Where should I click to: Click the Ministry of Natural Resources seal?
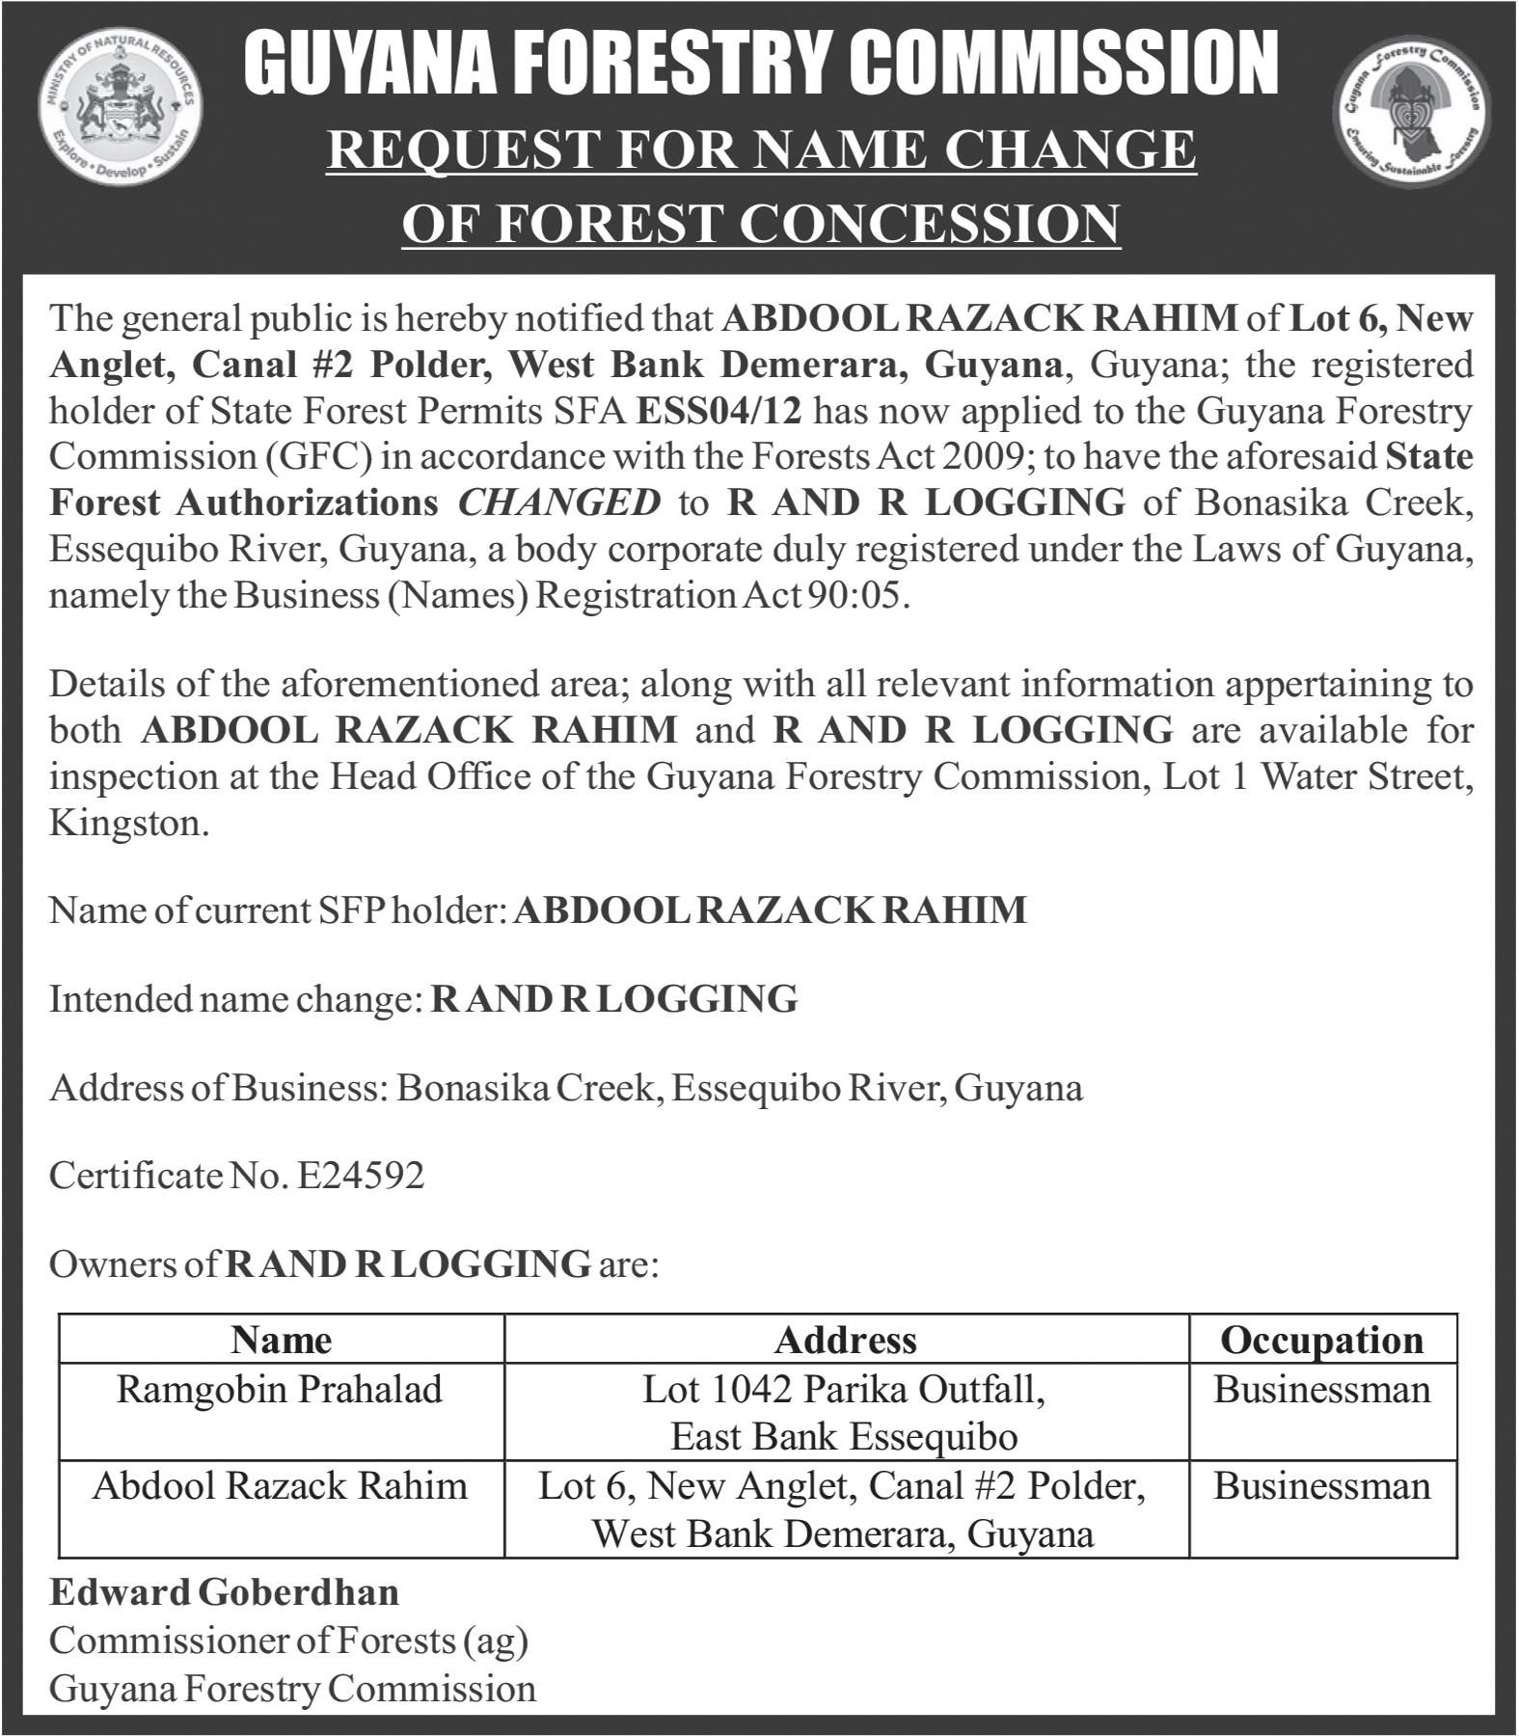121,123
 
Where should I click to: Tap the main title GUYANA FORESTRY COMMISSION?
761,63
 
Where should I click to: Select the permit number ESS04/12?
719,411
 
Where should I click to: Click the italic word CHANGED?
559,502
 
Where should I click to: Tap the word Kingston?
128,824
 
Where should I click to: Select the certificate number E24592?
361,1175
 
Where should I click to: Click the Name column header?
281,1340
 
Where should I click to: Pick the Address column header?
845,1340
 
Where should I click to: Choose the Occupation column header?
1321,1340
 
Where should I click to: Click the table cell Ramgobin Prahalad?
280,1390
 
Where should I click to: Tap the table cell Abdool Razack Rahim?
280,1486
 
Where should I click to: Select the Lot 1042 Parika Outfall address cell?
845,1413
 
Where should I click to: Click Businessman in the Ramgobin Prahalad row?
1321,1390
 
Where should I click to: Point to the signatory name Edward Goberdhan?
224,1592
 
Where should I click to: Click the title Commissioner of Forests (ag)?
288,1640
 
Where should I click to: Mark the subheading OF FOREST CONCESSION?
761,224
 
